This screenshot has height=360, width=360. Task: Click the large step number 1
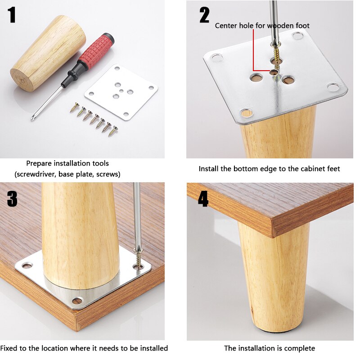(12, 15)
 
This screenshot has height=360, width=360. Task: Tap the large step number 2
(204, 15)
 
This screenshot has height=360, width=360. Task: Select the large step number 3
(12, 199)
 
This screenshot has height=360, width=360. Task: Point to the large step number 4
(203, 199)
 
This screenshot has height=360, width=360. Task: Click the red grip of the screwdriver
(96, 51)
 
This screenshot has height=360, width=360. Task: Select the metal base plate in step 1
(121, 92)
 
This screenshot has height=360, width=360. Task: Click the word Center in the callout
(226, 26)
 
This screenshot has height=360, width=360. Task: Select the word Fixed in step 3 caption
(9, 348)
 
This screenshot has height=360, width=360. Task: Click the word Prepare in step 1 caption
(39, 164)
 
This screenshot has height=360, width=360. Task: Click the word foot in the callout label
(302, 26)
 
